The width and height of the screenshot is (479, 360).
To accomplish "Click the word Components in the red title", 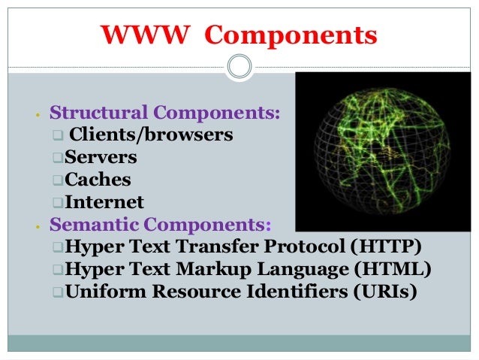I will (x=291, y=35).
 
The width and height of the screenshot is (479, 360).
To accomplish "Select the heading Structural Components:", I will (x=165, y=113).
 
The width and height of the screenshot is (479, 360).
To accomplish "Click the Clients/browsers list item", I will (x=150, y=135).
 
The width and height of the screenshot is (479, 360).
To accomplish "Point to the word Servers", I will (x=101, y=157).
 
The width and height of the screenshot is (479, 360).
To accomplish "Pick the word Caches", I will (x=98, y=180).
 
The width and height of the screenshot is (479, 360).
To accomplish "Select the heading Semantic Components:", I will (x=162, y=224).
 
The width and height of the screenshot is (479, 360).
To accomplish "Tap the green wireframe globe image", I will (x=384, y=150).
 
